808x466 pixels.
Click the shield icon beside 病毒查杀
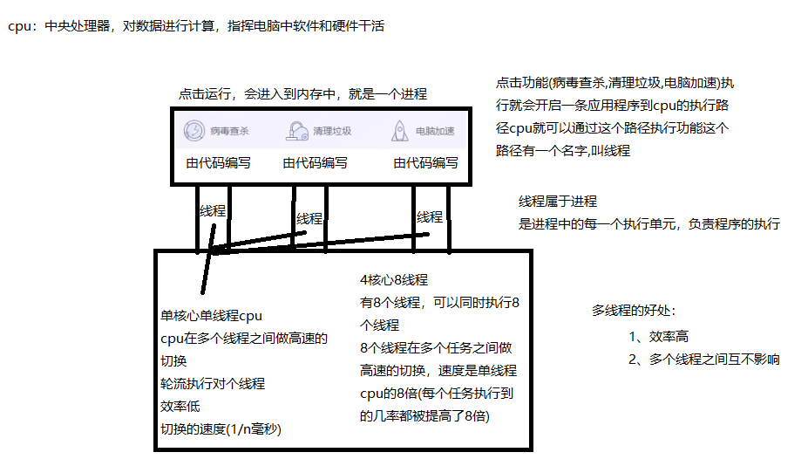pyautogui.click(x=193, y=131)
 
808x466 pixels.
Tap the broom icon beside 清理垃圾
pyautogui.click(x=297, y=131)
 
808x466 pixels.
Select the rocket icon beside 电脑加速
pyautogui.click(x=399, y=131)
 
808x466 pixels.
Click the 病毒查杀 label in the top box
pyautogui.click(x=229, y=132)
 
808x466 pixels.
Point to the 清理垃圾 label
pyautogui.click(x=332, y=132)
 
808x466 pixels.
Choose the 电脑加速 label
pyautogui.click(x=435, y=132)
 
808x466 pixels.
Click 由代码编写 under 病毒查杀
pyautogui.click(x=218, y=162)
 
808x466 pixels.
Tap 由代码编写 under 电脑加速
pyautogui.click(x=425, y=162)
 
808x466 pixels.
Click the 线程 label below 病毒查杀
pyautogui.click(x=213, y=210)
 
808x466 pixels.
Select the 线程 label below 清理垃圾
pyautogui.click(x=309, y=218)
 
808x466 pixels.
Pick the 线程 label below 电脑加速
pyautogui.click(x=429, y=216)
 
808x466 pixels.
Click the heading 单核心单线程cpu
pyautogui.click(x=211, y=316)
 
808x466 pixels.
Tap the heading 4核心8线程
pyautogui.click(x=394, y=280)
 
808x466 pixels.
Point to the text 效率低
pyautogui.click(x=180, y=406)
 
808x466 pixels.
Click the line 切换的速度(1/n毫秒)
pyautogui.click(x=221, y=428)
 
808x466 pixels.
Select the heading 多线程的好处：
pyautogui.click(x=634, y=310)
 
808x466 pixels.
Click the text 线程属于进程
pyautogui.click(x=558, y=201)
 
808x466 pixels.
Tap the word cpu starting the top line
pyautogui.click(x=18, y=26)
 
